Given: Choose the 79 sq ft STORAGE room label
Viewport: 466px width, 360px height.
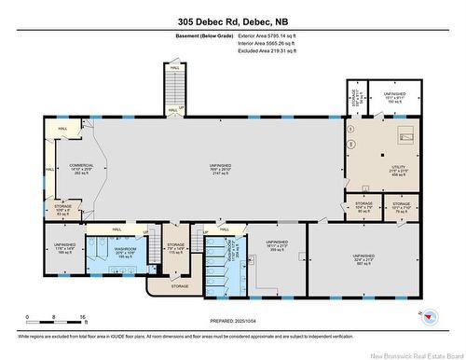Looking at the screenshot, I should click(402, 206).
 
